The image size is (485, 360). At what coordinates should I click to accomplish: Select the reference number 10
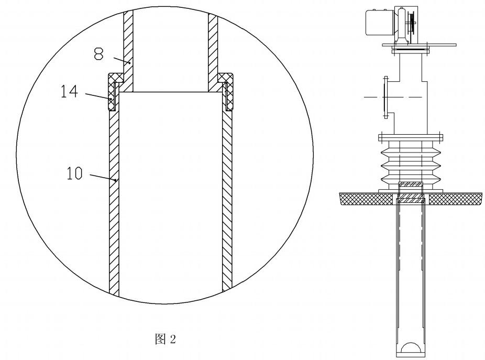click(74, 173)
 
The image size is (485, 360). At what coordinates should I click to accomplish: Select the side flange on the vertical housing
click(386, 97)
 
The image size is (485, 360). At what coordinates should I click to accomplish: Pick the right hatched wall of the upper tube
click(213, 42)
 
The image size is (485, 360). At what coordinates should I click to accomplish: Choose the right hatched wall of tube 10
click(227, 199)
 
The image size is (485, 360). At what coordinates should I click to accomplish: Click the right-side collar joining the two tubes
click(227, 90)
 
